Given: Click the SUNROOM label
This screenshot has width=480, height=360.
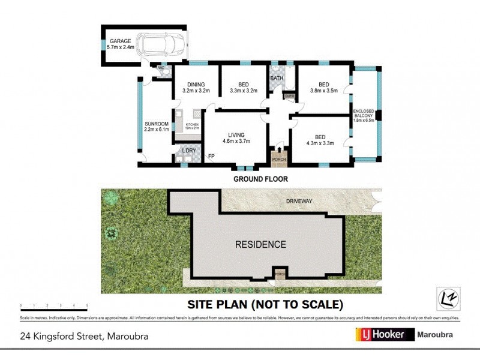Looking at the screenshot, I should click(155, 125).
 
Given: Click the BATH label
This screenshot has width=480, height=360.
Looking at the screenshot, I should click(277, 78).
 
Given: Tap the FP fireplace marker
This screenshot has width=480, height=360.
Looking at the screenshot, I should click(211, 157).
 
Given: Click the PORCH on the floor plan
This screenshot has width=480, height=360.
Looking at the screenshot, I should click(278, 157).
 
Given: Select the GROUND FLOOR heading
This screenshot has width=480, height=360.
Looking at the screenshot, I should click(260, 179).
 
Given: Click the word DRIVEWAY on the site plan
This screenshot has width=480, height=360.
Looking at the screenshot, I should click(299, 202).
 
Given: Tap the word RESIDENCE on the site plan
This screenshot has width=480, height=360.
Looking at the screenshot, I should click(260, 244).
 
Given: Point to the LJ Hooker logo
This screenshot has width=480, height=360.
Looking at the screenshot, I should click(386, 335).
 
